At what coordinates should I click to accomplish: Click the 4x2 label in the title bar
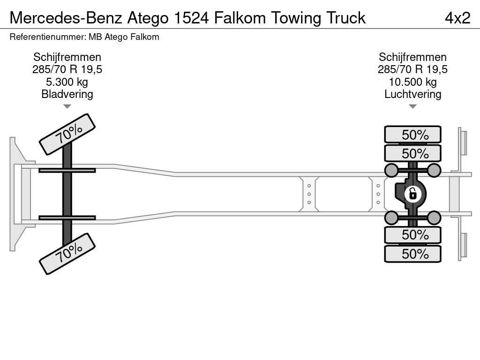point(457,18)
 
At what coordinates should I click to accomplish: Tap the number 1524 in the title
point(192,18)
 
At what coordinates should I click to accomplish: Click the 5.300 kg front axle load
point(67,82)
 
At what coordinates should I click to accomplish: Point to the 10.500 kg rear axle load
point(412,82)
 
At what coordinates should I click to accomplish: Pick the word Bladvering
point(67,94)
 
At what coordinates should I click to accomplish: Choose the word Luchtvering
point(412,94)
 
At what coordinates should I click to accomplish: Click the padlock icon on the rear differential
point(412,193)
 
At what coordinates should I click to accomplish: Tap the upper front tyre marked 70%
point(67,134)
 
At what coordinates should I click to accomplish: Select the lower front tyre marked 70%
point(67,253)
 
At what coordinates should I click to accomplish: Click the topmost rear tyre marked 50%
point(412,135)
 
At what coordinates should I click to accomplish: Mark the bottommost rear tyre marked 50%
point(412,254)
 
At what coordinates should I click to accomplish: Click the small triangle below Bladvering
point(67,106)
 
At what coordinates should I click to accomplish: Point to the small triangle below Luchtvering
point(412,106)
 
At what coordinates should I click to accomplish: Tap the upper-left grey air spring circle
point(391,170)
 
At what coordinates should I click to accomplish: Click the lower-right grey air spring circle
point(434,217)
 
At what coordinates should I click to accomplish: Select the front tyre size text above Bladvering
point(67,70)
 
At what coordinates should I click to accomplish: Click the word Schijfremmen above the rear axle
point(412,57)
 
